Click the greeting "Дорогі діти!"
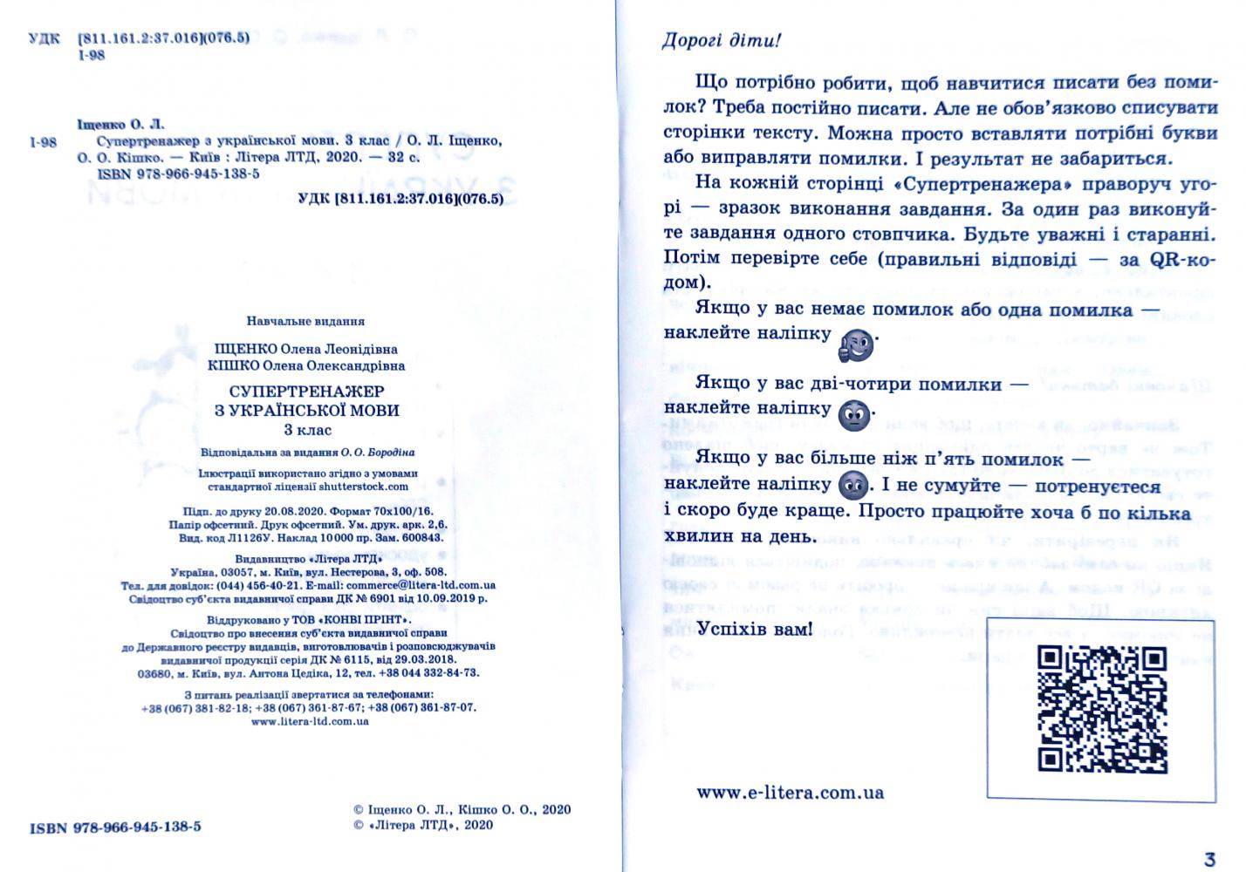pos(722,41)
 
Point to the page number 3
pos(1208,859)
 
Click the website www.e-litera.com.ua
pos(791,793)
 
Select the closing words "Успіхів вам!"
pos(754,628)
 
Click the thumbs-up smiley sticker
pos(855,346)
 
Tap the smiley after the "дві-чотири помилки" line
pos(854,414)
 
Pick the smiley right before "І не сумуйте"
pos(852,487)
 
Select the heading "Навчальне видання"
pos(305,321)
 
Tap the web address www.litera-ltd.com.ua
pos(309,721)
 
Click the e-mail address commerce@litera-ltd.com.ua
pos(421,585)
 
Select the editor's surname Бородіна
pos(389,453)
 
